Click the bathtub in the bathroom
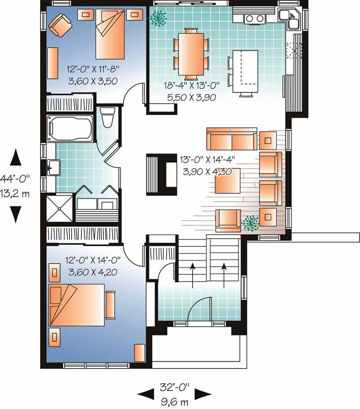click(x=70, y=128)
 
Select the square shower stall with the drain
click(x=59, y=209)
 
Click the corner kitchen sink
click(x=289, y=18)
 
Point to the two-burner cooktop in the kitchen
click(x=255, y=18)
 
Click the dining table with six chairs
click(x=191, y=54)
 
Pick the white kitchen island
click(x=245, y=71)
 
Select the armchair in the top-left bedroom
click(x=60, y=25)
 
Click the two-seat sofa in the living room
click(x=232, y=139)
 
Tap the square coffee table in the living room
click(x=227, y=181)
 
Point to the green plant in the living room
click(x=250, y=223)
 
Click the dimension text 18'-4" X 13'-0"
click(x=192, y=85)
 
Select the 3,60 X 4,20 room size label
click(x=93, y=272)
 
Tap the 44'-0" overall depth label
click(x=14, y=179)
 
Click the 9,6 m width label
click(x=175, y=402)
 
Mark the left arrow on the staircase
click(x=193, y=276)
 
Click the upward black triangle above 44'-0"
click(x=16, y=157)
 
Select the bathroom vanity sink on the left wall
click(x=54, y=168)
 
